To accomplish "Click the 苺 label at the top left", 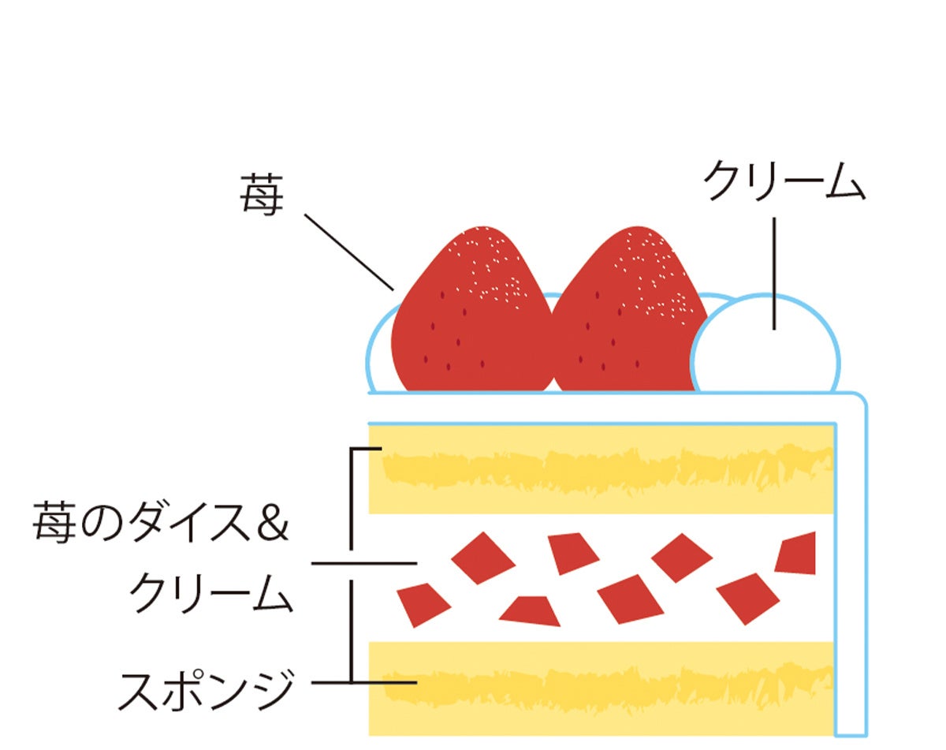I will click(261, 196).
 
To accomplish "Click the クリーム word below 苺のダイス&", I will click(210, 593).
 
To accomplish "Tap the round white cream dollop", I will click(765, 347).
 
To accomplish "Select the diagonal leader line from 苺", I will click(349, 251).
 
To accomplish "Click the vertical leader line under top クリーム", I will click(776, 272).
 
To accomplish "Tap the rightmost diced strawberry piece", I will click(796, 553).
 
